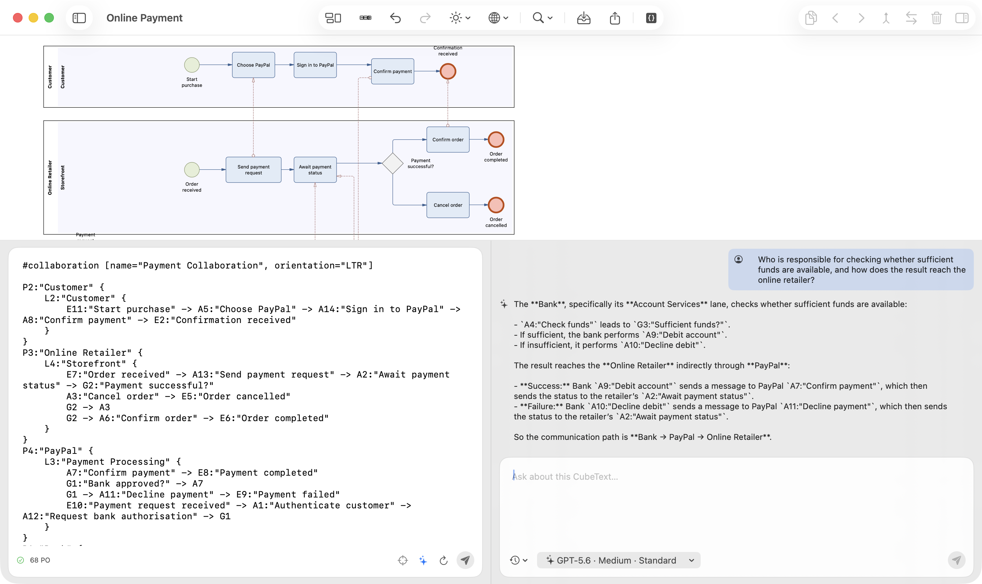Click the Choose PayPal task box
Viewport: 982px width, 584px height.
click(x=253, y=65)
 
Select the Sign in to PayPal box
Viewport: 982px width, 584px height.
click(x=315, y=65)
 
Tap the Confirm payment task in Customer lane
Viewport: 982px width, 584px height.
click(x=392, y=71)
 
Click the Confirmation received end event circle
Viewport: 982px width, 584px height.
click(x=448, y=71)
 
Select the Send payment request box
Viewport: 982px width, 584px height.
click(x=253, y=170)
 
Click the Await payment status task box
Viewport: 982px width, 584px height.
click(x=315, y=170)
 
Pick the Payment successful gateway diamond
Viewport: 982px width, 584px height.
click(x=392, y=163)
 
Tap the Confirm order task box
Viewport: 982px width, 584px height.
click(x=448, y=139)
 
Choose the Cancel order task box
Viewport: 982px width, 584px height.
click(x=448, y=205)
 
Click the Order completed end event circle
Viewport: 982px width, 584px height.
click(x=496, y=139)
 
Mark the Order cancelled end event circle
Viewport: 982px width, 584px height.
click(x=496, y=205)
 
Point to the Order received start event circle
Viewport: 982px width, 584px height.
click(x=192, y=170)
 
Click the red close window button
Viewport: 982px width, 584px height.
click(x=18, y=18)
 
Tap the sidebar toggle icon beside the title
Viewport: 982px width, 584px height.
click(x=79, y=18)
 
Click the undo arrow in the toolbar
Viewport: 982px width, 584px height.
click(x=395, y=18)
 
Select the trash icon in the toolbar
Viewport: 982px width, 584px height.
click(x=936, y=18)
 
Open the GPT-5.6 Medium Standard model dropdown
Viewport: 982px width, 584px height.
click(x=619, y=560)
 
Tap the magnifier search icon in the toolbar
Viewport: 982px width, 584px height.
click(x=538, y=18)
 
